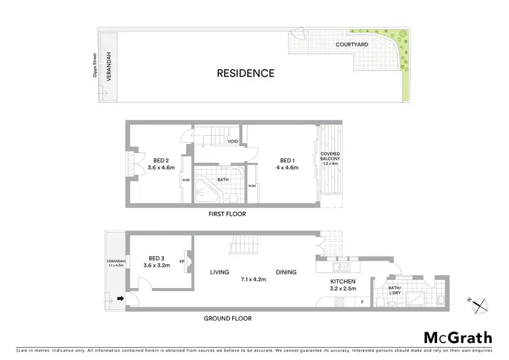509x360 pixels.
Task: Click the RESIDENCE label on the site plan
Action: point(245,73)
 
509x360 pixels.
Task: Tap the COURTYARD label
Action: point(352,45)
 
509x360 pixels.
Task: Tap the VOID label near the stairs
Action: point(232,142)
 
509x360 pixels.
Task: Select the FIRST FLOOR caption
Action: point(227,214)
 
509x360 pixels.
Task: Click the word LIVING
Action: point(220,272)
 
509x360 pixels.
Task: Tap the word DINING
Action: point(286,272)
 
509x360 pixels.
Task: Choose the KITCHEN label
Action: point(343,281)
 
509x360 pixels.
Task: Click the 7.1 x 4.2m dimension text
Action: point(252,279)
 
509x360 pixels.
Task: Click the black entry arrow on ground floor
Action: point(121,298)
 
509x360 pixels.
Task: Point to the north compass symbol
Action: point(480,305)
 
